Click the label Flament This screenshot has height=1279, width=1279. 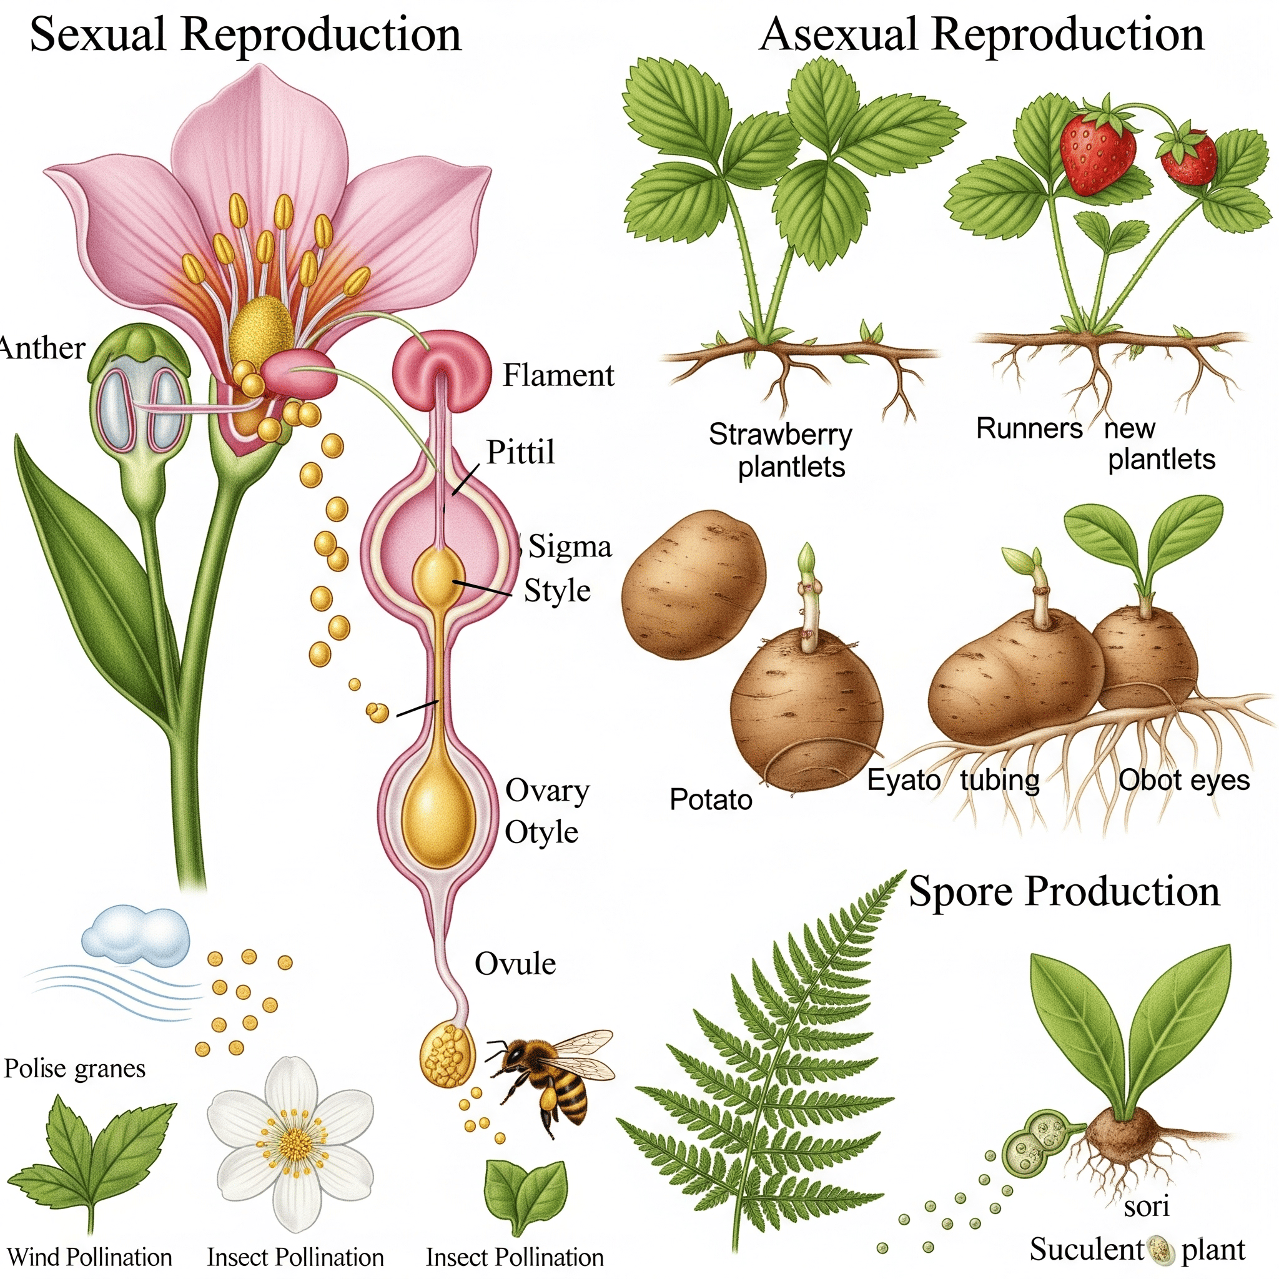558,375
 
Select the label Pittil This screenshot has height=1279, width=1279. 520,452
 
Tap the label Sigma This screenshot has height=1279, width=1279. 570,547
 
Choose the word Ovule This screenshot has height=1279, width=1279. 515,964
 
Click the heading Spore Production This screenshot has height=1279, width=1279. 1064,891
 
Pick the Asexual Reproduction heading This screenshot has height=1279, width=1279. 981,34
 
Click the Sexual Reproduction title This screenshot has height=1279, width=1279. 245,34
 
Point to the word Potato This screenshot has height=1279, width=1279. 710,800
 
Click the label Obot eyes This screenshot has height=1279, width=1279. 1183,781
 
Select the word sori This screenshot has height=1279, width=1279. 1147,1206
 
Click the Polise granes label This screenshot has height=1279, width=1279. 75,1069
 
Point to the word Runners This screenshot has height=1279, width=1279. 1029,429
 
